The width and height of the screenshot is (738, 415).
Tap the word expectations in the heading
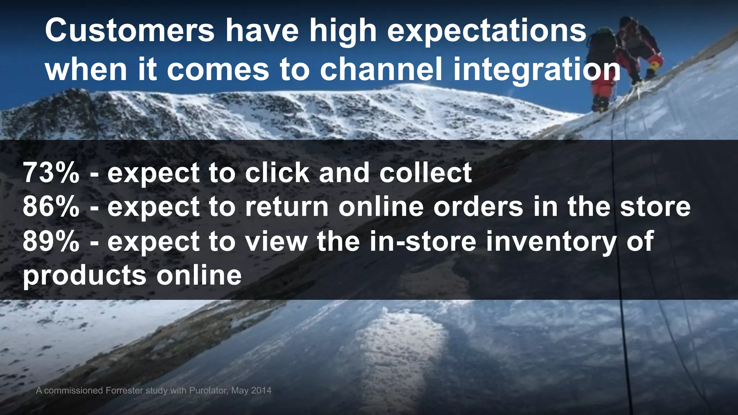coord(487,32)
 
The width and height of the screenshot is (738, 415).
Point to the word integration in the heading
coord(537,70)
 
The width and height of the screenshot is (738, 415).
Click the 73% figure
coord(51,173)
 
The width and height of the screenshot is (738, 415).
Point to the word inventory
coord(551,242)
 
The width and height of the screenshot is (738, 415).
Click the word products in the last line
coord(85,276)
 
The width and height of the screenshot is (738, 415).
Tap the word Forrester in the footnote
coord(124,391)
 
